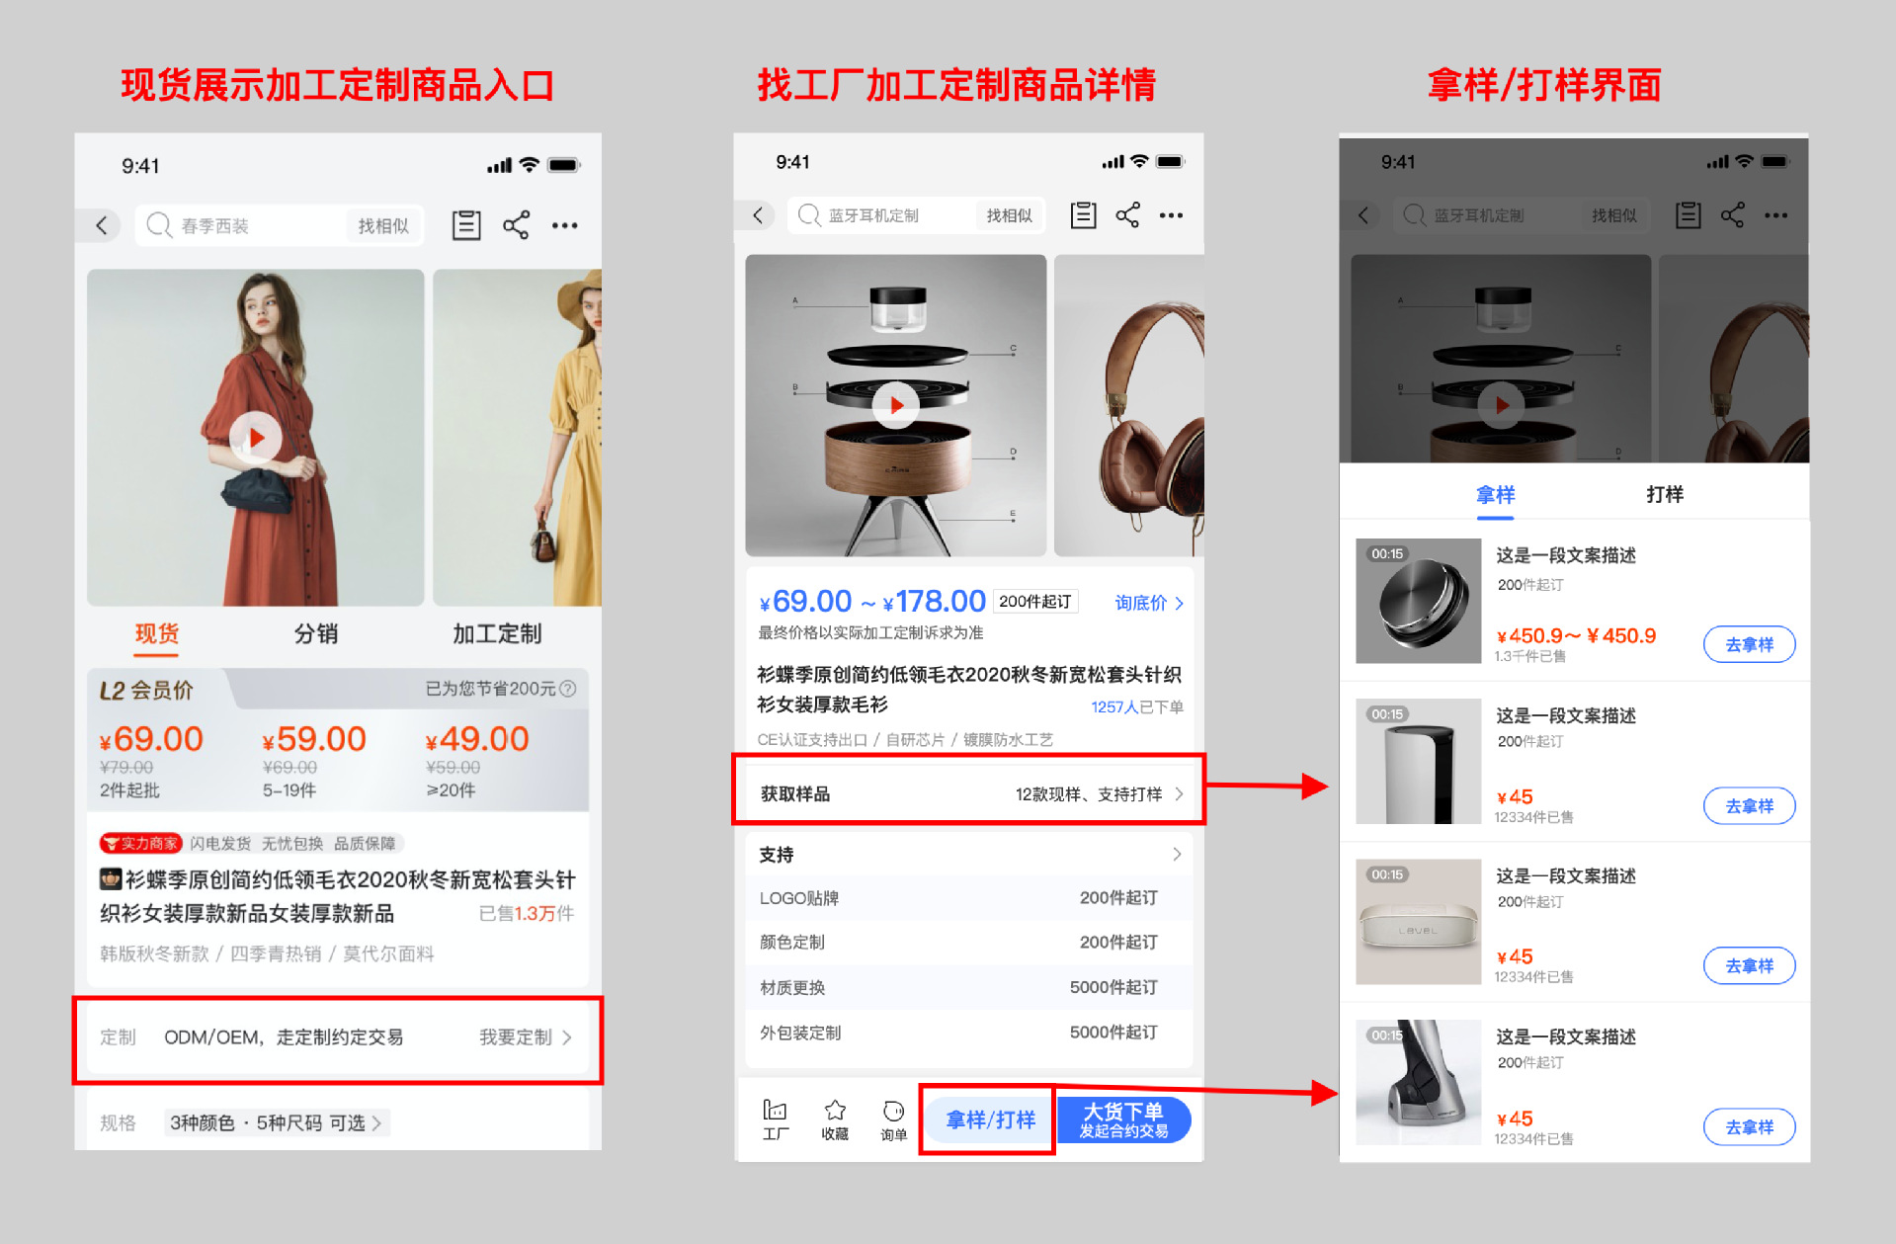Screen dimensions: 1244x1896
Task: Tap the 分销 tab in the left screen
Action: point(316,633)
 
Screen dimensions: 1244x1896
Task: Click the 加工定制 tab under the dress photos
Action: point(497,633)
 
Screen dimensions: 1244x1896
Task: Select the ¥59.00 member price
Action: point(314,740)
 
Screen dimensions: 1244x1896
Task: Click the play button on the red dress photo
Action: point(256,438)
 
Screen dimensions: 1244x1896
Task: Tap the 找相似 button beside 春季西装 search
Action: point(383,226)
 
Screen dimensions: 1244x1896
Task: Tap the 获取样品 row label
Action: point(795,793)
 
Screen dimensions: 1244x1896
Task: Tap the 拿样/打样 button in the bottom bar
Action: point(989,1120)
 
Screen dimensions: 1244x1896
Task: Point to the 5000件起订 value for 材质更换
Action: point(1113,987)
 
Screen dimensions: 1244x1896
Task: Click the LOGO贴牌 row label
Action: point(798,898)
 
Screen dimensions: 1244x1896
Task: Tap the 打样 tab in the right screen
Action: point(1664,494)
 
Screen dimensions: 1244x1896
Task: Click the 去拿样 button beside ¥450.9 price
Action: point(1748,644)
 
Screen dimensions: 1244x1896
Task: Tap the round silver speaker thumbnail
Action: point(1418,601)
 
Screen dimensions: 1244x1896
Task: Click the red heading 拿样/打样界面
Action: point(1543,85)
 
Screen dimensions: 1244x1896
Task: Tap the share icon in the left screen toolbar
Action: point(516,225)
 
